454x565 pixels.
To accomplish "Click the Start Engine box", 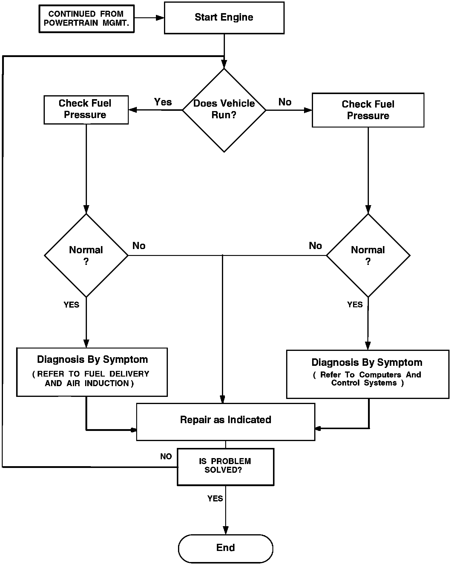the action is [224, 18].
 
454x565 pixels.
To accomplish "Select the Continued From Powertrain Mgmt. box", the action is [86, 19].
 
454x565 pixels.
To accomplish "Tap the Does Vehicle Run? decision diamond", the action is [224, 110].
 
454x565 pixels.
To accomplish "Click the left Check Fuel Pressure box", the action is [86, 110].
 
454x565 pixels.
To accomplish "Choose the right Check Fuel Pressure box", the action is [368, 110].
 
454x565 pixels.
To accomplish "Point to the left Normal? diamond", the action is [86, 255].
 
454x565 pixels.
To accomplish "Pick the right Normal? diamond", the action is [368, 255].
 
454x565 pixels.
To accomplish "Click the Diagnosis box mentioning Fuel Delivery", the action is [92, 372].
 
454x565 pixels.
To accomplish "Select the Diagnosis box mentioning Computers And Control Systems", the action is [368, 374].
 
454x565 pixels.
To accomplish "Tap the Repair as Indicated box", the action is [226, 422].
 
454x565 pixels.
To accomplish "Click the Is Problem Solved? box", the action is [226, 467].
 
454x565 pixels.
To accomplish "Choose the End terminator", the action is [226, 549].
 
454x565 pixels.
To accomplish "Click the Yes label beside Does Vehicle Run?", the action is [163, 102].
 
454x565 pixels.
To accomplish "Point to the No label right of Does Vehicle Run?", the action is [285, 102].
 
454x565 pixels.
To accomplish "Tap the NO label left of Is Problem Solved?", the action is [166, 456].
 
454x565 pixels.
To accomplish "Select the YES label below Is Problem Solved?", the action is [215, 498].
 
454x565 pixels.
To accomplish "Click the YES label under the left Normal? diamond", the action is [71, 305].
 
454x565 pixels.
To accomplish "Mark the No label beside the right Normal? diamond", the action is [315, 246].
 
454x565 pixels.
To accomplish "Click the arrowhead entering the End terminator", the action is [226, 530].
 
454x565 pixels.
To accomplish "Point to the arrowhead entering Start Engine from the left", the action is [160, 18].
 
